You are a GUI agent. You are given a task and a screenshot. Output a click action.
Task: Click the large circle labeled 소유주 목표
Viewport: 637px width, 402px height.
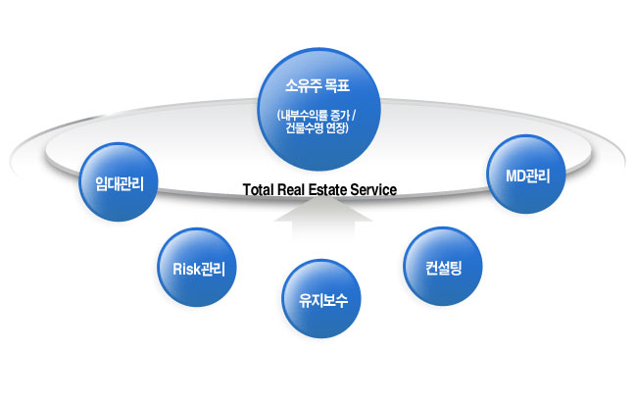[319, 109]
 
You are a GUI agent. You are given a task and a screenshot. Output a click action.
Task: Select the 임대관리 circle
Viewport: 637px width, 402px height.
[119, 181]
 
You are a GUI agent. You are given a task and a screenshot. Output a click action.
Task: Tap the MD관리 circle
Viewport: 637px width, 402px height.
[526, 174]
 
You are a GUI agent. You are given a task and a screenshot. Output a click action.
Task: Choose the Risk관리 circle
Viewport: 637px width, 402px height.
[197, 267]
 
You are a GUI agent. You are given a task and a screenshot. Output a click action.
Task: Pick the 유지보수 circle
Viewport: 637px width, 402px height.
[321, 298]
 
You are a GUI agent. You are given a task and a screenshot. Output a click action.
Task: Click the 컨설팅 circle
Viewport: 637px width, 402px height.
[443, 266]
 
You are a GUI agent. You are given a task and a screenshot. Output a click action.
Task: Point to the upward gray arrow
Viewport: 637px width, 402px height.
[323, 219]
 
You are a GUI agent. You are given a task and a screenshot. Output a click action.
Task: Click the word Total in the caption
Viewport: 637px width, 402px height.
[259, 190]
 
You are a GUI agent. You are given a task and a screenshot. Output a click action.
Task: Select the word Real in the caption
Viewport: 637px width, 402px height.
[291, 190]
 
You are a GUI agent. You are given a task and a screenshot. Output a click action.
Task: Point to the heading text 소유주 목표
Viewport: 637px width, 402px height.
[318, 85]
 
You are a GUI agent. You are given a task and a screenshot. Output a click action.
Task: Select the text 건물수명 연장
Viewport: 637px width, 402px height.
[316, 128]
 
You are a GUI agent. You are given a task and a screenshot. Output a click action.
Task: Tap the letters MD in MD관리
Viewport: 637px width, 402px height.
[515, 176]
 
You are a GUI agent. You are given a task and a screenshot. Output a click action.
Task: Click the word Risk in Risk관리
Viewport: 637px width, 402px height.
[186, 269]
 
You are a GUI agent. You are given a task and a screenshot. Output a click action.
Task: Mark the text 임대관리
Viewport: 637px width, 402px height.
[120, 183]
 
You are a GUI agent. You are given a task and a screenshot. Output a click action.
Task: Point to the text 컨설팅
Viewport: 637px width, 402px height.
[444, 269]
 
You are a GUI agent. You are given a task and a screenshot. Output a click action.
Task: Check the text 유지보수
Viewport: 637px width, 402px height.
[323, 300]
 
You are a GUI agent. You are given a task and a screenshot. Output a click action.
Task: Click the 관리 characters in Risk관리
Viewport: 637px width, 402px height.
[213, 269]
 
